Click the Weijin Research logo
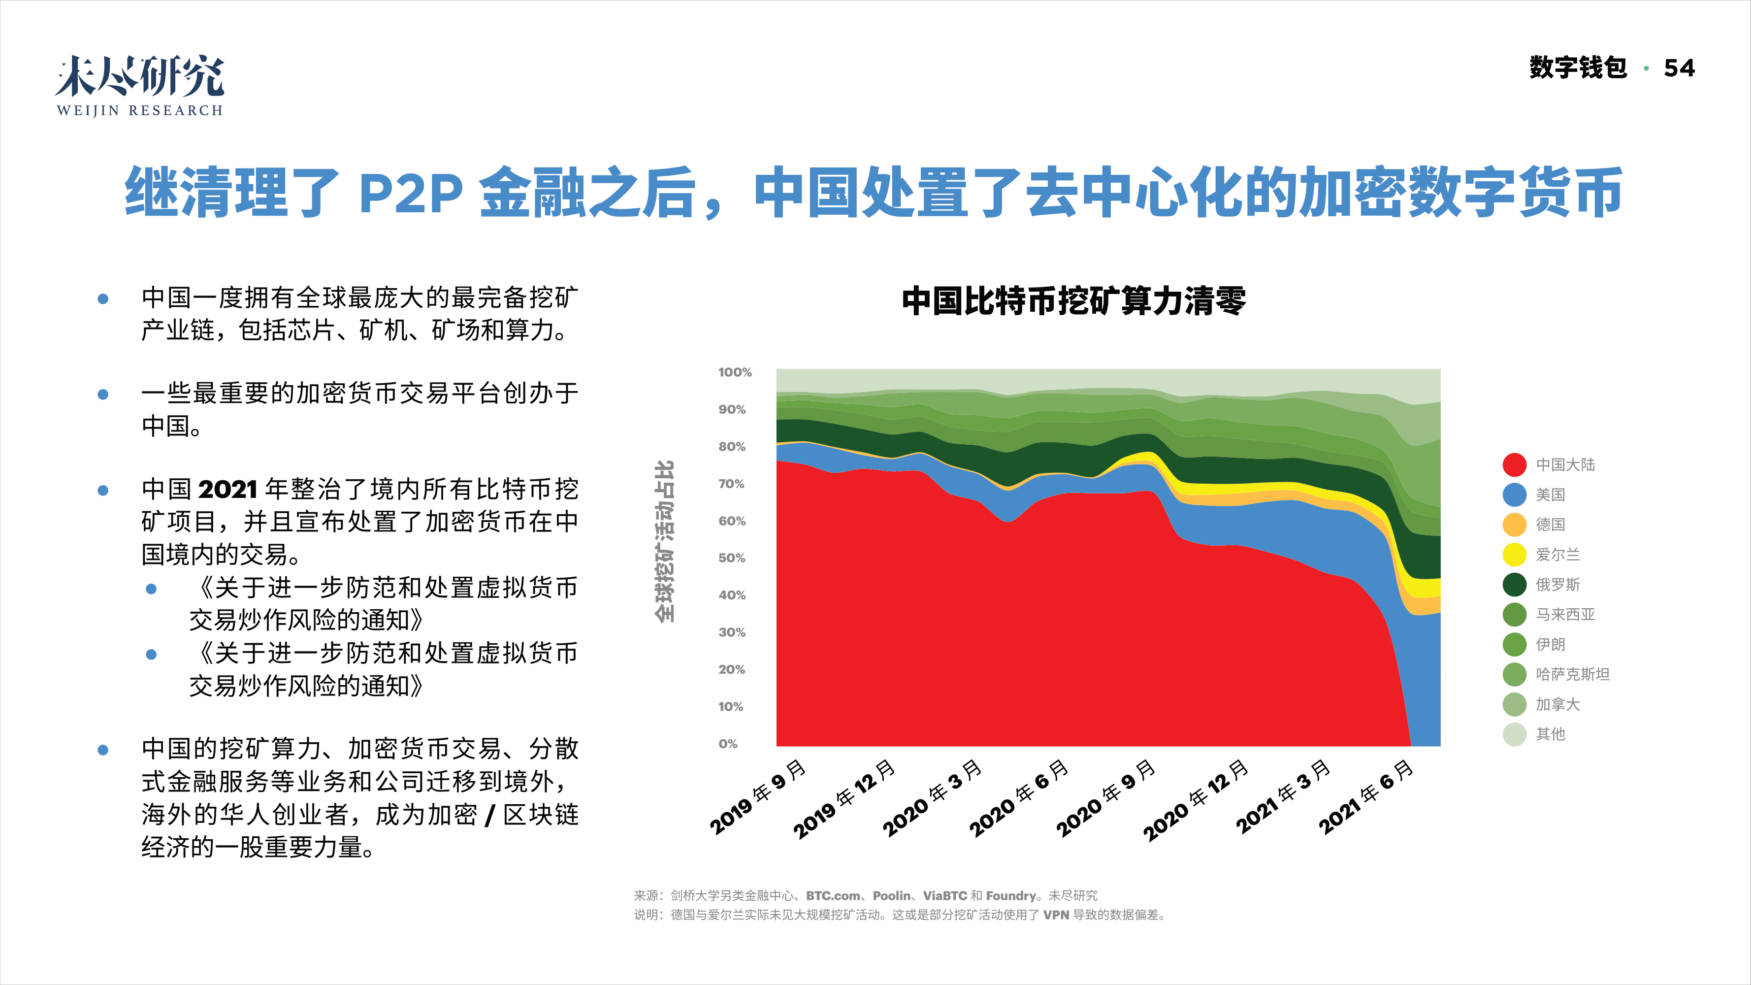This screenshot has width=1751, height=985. (139, 86)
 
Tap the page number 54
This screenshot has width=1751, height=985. (1679, 68)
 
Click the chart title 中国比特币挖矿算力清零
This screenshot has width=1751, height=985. (1073, 301)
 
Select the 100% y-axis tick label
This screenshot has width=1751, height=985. (734, 372)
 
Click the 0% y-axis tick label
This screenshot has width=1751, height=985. (727, 744)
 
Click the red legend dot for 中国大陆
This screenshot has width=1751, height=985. (1515, 465)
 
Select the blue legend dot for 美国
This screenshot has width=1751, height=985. (1515, 495)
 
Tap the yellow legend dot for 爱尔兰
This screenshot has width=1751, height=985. (1515, 555)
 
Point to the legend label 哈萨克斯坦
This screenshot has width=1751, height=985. (1572, 674)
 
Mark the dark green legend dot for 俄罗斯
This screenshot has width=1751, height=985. (1515, 585)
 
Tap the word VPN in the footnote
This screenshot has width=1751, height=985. (1056, 915)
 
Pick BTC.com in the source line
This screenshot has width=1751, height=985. (833, 896)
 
